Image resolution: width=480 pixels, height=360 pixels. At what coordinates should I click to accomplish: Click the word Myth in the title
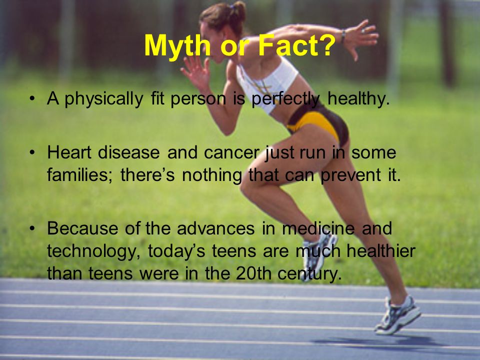(x=177, y=46)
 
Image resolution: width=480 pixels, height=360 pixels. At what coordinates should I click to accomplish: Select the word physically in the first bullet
(x=104, y=99)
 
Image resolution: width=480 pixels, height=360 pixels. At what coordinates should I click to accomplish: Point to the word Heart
(x=69, y=152)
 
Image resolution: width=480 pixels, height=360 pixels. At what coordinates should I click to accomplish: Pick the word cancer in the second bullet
(x=231, y=153)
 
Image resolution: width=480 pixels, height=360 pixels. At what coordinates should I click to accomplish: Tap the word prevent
(x=350, y=175)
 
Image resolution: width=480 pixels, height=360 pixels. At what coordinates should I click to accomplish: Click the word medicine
(x=318, y=228)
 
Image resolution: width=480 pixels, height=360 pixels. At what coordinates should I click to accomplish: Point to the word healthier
(x=381, y=251)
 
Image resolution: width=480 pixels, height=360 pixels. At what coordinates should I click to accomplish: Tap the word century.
(x=309, y=274)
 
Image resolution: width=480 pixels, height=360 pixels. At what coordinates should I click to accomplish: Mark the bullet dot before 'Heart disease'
(x=32, y=153)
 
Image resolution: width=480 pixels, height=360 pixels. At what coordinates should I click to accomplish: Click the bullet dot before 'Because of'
(x=32, y=228)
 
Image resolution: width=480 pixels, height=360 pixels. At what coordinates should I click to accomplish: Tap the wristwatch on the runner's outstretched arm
(x=343, y=35)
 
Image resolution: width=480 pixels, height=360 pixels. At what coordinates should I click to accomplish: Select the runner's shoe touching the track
(x=397, y=315)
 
